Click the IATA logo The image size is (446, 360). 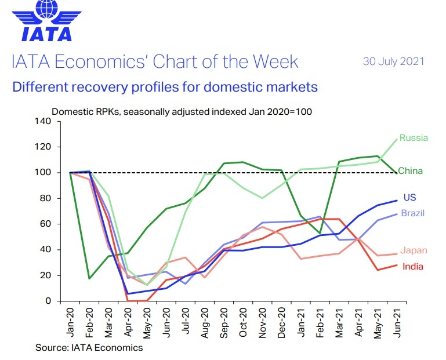tap(47, 23)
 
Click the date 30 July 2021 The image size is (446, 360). tap(394, 61)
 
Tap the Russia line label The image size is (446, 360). tap(414, 138)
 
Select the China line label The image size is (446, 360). tap(410, 171)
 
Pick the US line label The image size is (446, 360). tap(409, 198)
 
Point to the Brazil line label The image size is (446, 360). tap(412, 213)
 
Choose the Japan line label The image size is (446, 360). tap(414, 250)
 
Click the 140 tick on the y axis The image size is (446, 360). tap(44, 121)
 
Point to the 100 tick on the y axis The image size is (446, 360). tap(44, 173)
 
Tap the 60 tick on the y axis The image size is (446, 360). tap(46, 224)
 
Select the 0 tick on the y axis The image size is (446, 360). tap(49, 301)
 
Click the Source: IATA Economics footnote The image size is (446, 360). tap(89, 348)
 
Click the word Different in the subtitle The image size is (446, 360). tap(39, 88)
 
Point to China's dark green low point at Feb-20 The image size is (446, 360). tap(89, 278)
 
